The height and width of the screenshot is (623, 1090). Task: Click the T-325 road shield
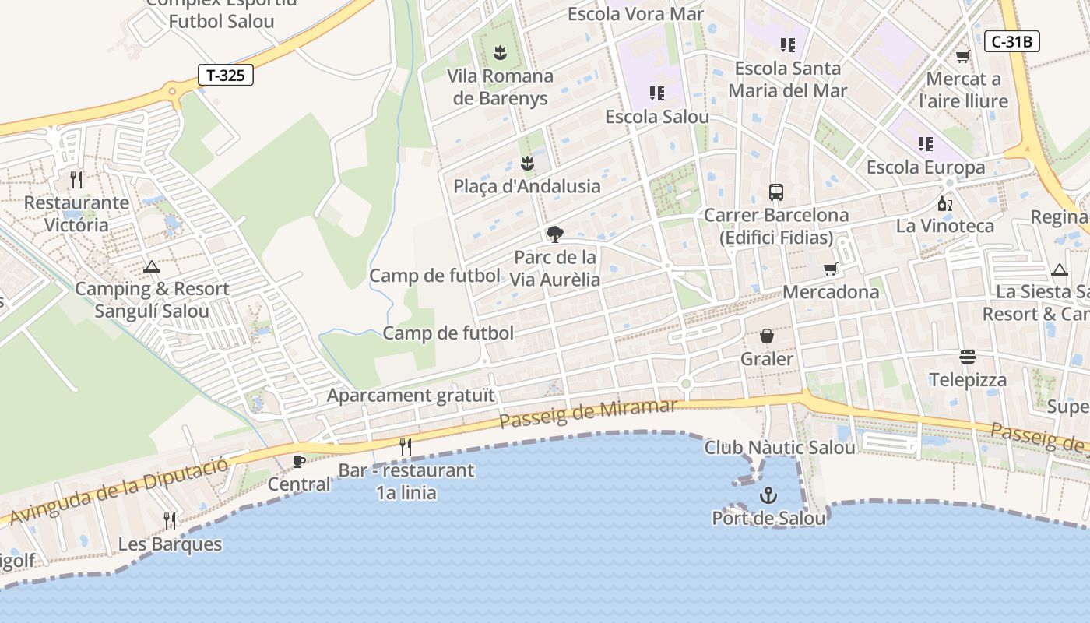click(x=225, y=75)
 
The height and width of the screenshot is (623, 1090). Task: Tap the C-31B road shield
click(x=1012, y=41)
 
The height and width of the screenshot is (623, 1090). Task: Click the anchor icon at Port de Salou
click(x=768, y=495)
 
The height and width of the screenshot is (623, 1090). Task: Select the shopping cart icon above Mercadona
click(x=831, y=269)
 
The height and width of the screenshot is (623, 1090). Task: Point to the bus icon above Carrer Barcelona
click(x=775, y=192)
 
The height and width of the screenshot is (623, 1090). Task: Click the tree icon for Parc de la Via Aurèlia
click(x=554, y=234)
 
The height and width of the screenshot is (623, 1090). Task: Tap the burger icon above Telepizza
click(x=968, y=357)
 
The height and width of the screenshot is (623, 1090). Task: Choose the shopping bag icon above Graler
click(x=767, y=336)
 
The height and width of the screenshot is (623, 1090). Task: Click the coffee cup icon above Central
click(x=298, y=461)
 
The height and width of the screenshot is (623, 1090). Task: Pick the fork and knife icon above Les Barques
click(x=170, y=520)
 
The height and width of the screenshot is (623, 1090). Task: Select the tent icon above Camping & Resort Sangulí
click(x=152, y=266)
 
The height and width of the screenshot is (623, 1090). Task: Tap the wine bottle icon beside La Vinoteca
click(x=945, y=204)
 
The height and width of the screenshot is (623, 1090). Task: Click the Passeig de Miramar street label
click(x=589, y=413)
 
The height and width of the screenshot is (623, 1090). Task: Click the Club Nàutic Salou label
click(x=779, y=448)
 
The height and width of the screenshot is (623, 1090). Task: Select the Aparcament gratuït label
click(x=410, y=395)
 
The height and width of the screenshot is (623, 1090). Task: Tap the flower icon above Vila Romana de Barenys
click(x=501, y=53)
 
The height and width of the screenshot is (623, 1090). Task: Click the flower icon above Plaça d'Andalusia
click(x=527, y=163)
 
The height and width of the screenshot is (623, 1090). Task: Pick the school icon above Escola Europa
click(x=925, y=144)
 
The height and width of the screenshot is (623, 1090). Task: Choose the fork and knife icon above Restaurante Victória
click(x=76, y=180)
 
